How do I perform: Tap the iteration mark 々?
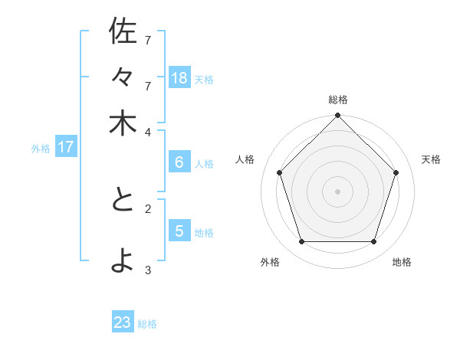[123, 78]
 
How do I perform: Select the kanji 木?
[123, 124]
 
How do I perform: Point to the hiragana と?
[123, 201]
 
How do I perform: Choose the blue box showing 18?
[179, 78]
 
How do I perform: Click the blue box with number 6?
[179, 162]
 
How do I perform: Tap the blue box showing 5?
[179, 231]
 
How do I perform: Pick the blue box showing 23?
[123, 322]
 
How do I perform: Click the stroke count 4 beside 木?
[148, 131]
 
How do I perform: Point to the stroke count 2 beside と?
[148, 208]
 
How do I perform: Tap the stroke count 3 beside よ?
[148, 270]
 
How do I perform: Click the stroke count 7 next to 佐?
[148, 39]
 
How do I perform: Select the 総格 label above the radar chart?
[338, 100]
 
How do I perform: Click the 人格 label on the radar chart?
[245, 159]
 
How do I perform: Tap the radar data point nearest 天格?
[396, 172]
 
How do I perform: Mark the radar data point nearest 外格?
[301, 241]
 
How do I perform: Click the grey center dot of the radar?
[337, 191]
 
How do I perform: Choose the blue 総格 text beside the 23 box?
[147, 324]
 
